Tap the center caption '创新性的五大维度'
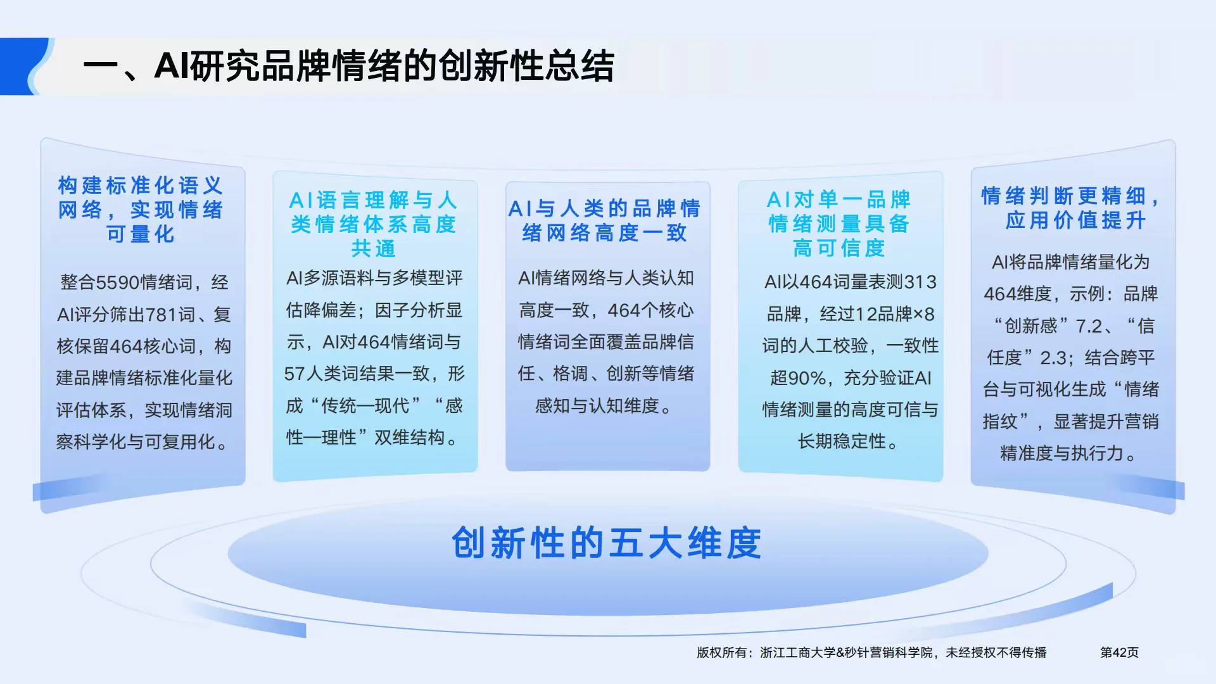pyautogui.click(x=606, y=543)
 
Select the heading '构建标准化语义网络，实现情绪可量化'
pyautogui.click(x=141, y=210)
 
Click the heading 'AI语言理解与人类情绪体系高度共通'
pyautogui.click(x=374, y=224)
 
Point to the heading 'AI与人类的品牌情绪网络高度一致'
pyautogui.click(x=605, y=220)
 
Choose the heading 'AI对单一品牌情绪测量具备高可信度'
pyautogui.click(x=839, y=224)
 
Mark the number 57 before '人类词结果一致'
pyautogui.click(x=294, y=374)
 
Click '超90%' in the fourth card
pyautogui.click(x=798, y=378)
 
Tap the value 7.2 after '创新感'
pyautogui.click(x=1089, y=326)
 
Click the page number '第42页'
pyautogui.click(x=1119, y=652)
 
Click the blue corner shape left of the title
pyautogui.click(x=23, y=66)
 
